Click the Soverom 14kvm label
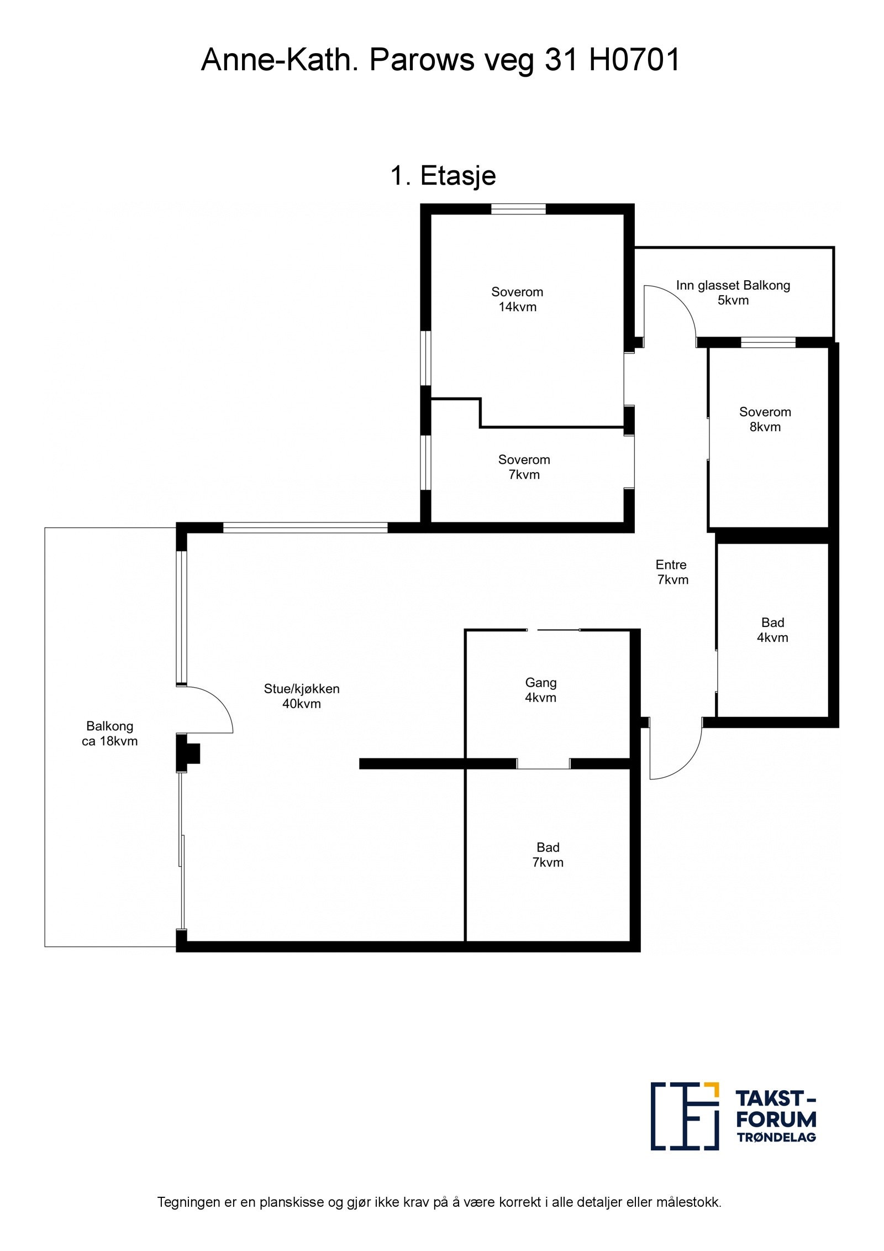517,299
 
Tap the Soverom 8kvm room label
765,419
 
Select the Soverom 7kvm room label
523,467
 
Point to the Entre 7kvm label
672,572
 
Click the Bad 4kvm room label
772,630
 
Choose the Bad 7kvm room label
547,854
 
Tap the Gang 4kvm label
540,689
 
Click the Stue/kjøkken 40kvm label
301,695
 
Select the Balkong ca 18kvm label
109,733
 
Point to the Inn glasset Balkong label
732,285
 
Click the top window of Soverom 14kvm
518,208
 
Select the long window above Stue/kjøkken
304,527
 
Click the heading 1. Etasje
443,176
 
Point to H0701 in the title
634,60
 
